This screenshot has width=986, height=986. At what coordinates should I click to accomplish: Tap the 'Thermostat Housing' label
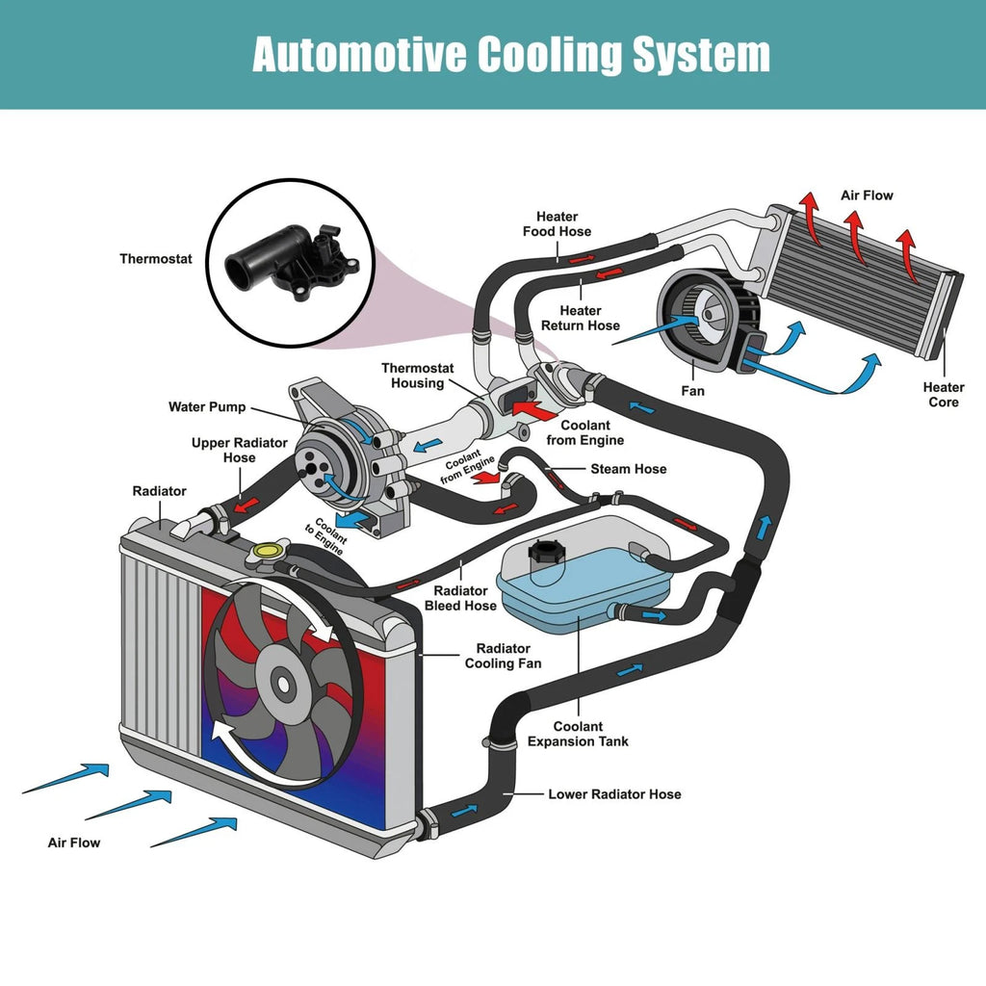point(418,376)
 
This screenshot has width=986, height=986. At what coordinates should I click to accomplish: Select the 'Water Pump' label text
point(207,407)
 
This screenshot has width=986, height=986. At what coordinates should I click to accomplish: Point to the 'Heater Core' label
point(944,395)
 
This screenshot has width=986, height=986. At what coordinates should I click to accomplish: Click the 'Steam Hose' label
point(628,469)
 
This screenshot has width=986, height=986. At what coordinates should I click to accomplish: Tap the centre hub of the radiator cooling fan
point(284,684)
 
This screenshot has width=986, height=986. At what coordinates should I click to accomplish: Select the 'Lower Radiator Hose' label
point(614,794)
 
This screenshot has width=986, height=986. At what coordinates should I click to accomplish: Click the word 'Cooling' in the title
point(550,55)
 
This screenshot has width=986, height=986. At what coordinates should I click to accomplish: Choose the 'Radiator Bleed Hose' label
point(460,598)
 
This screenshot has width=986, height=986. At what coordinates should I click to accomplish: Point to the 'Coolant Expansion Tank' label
point(578,734)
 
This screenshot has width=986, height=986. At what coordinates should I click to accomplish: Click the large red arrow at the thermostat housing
point(534,410)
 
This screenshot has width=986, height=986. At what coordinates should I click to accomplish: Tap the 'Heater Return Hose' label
point(581,318)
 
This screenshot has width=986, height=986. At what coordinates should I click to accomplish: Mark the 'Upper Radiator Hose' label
point(239,451)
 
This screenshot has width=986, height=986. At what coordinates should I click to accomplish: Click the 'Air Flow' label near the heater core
point(867,195)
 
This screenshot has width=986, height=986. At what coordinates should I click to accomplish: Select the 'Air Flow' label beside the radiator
point(73,843)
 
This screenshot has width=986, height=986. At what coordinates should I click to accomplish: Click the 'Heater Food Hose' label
point(557,223)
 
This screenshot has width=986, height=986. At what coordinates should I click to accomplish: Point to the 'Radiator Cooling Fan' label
point(503,656)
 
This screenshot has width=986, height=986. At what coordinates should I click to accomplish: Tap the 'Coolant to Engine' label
point(326,535)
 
